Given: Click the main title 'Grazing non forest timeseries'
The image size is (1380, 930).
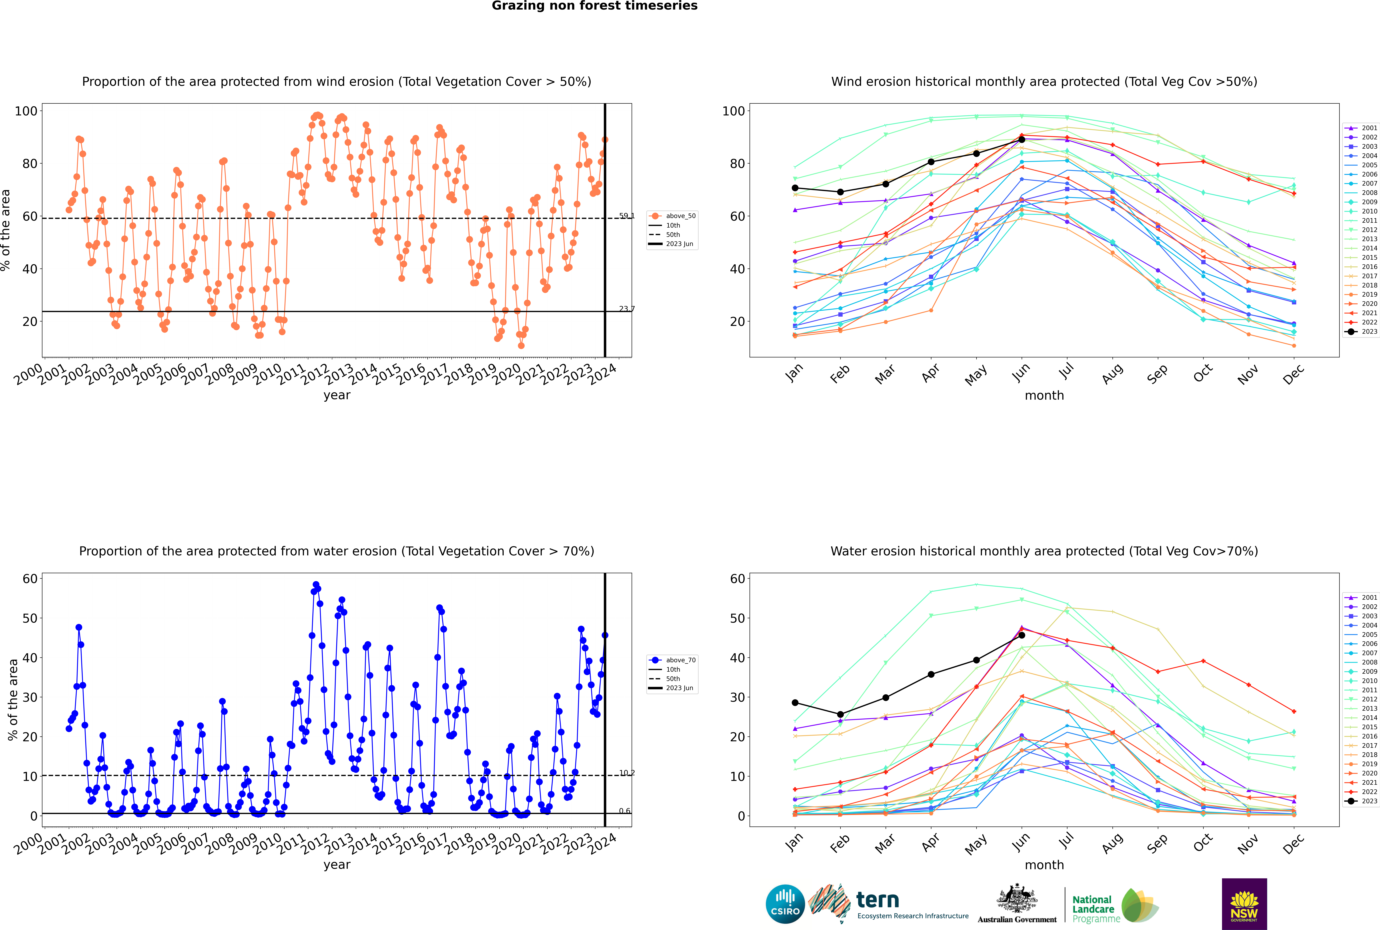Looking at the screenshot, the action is [595, 6].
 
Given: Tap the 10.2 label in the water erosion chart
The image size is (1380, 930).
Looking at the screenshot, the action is [626, 773].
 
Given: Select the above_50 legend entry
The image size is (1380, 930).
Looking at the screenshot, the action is [672, 216].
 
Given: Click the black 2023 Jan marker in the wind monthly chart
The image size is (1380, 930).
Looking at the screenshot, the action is [795, 188].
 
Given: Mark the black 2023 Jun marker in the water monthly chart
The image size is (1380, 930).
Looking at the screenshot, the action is [1022, 635].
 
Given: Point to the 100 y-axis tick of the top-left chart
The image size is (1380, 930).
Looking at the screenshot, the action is [26, 111].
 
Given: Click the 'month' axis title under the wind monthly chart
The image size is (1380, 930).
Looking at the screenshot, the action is [1044, 396].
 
